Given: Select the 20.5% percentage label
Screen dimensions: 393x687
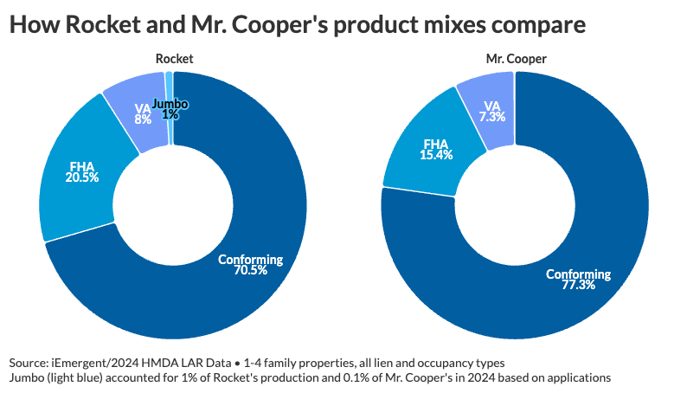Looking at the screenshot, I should [x=82, y=177].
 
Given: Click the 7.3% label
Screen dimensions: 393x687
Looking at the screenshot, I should [x=491, y=117].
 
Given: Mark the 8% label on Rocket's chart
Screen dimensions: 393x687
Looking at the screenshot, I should [x=143, y=120].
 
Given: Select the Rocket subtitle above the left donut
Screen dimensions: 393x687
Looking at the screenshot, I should [x=174, y=59].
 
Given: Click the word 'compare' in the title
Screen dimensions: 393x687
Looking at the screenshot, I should [x=530, y=25].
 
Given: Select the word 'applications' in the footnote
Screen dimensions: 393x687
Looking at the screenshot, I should [x=579, y=377].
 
